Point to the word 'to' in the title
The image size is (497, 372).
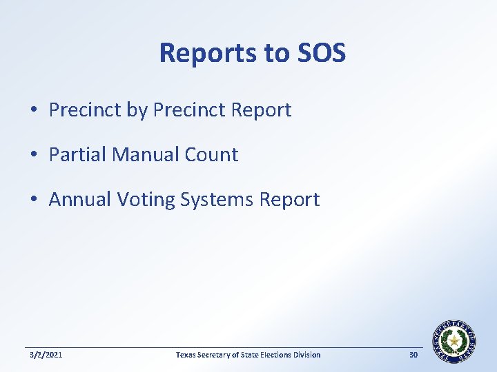point(275,54)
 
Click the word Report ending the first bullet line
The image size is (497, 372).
point(261,110)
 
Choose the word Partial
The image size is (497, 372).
point(77,155)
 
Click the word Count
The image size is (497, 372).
point(211,155)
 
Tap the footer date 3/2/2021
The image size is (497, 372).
point(46,355)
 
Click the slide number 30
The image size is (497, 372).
point(413,355)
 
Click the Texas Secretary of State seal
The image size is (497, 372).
point(454,341)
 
